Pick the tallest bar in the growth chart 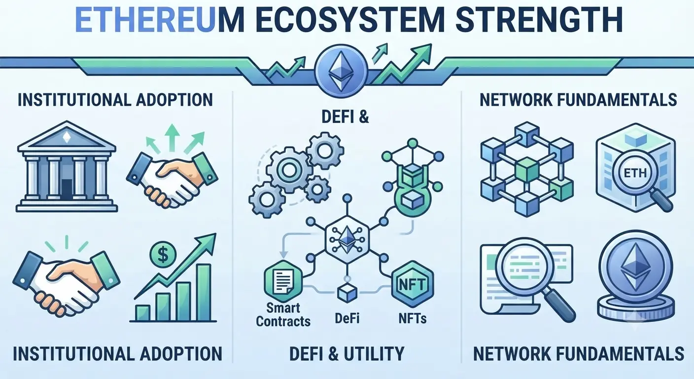click(x=204, y=292)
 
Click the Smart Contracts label click(x=283, y=315)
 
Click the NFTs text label click(x=413, y=318)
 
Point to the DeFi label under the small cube click(x=347, y=318)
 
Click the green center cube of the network click(x=527, y=170)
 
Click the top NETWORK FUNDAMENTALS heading click(x=578, y=100)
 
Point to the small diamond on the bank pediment click(x=67, y=137)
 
